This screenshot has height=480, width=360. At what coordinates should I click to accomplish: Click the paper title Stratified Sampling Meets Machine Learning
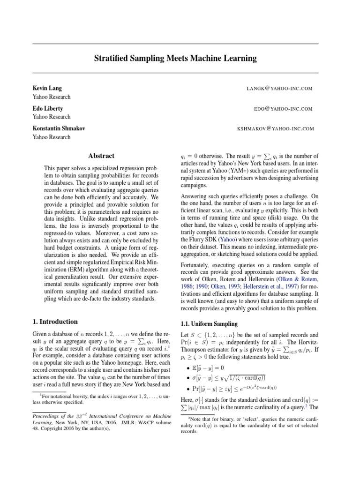click(x=175, y=59)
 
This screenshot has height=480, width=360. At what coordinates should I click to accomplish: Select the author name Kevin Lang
click(x=47, y=88)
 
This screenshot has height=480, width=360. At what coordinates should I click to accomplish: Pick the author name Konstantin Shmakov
click(x=59, y=128)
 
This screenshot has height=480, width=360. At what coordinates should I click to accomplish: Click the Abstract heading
click(x=101, y=156)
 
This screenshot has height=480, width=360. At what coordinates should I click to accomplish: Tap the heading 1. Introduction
click(x=55, y=322)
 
